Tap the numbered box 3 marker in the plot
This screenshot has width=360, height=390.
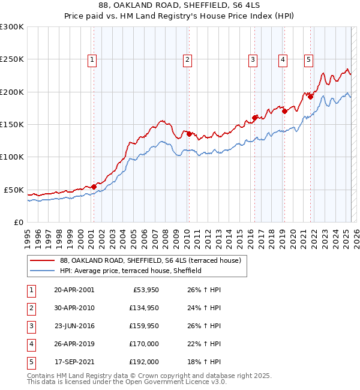pos(253,59)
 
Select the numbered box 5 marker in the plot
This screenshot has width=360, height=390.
pos(308,59)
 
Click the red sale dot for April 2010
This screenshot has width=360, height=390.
pos(188,134)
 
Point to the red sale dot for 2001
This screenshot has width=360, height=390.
pos(94,187)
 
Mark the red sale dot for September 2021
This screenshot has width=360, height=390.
pos(310,97)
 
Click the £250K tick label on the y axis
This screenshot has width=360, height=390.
pos(11,59)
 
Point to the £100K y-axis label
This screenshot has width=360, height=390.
pos(11,157)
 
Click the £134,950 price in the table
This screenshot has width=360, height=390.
pos(144,308)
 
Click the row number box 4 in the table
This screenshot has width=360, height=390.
pos(31,344)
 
